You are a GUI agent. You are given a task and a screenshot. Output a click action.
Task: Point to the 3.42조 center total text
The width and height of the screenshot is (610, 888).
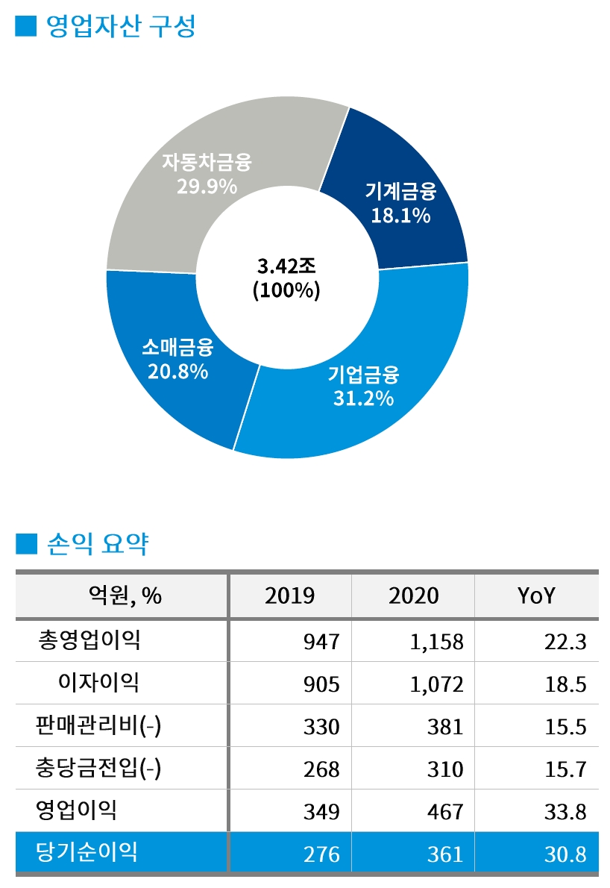tap(286, 266)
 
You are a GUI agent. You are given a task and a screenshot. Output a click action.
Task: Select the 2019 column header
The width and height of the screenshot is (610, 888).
tap(289, 595)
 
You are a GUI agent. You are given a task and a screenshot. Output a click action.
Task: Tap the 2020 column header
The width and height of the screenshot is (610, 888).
tap(413, 595)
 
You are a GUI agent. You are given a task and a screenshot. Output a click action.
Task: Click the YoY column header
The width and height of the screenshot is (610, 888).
tap(536, 595)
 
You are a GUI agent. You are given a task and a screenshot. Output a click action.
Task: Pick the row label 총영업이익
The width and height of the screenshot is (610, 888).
tap(89, 640)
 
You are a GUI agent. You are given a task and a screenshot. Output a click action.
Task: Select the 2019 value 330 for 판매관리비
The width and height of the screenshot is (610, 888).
tap(321, 726)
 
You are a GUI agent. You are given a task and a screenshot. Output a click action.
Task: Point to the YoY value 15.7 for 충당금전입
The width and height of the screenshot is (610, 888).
tap(565, 769)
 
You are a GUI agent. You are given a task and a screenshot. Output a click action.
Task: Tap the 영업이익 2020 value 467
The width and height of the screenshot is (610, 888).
tap(445, 811)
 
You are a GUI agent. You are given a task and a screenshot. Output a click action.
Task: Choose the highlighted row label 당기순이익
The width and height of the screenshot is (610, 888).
tap(87, 852)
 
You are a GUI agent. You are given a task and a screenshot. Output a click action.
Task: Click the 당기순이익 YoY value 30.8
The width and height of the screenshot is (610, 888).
tap(565, 854)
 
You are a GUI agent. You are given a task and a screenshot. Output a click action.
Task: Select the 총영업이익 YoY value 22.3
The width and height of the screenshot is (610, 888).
tap(565, 641)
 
